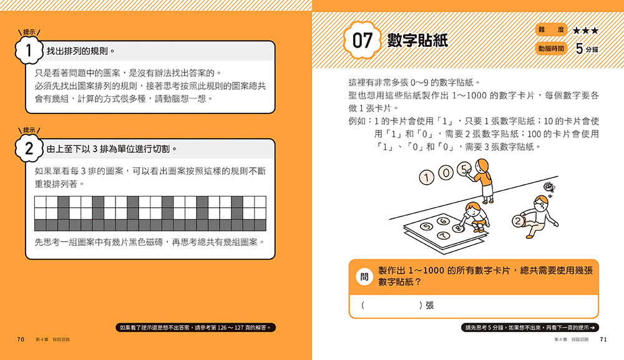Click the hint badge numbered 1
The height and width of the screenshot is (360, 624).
pyautogui.click(x=29, y=51)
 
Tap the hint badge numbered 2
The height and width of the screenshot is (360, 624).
pyautogui.click(x=29, y=148)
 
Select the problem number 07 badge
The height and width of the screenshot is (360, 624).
pyautogui.click(x=363, y=41)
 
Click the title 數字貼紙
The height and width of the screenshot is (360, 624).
pyautogui.click(x=417, y=41)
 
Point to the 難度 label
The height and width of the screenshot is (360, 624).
pyautogui.click(x=551, y=30)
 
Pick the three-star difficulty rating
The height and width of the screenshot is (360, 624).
pyautogui.click(x=585, y=30)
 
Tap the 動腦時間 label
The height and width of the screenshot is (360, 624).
pyautogui.click(x=551, y=49)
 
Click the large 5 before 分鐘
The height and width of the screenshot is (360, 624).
pyautogui.click(x=580, y=49)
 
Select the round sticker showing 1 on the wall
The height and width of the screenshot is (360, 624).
pyautogui.click(x=427, y=177)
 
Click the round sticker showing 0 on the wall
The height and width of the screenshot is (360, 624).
pyautogui.click(x=446, y=173)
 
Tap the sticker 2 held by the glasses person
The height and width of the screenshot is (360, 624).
pyautogui.click(x=518, y=221)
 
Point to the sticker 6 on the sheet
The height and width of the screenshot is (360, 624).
pyautogui.click(x=443, y=221)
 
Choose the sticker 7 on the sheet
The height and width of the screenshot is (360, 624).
pyautogui.click(x=444, y=236)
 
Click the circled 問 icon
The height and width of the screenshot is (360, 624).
pyautogui.click(x=364, y=276)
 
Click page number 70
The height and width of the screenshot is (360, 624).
pyautogui.click(x=21, y=339)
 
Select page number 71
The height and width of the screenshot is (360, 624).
pyautogui.click(x=603, y=339)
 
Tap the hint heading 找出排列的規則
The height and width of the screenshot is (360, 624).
pyautogui.click(x=80, y=51)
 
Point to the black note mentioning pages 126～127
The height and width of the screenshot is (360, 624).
pyautogui.click(x=196, y=328)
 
